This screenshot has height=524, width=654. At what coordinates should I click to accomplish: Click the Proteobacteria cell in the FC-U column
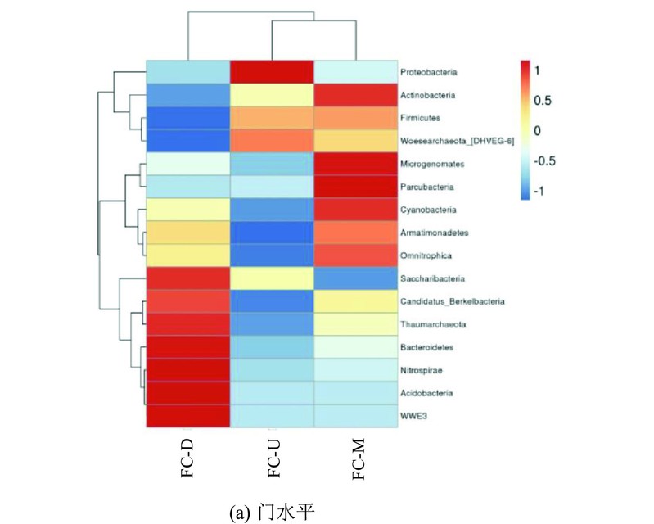click(272, 72)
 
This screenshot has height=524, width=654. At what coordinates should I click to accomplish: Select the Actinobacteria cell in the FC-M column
click(356, 95)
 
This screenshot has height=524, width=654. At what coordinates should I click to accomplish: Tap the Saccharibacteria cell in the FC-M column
click(356, 278)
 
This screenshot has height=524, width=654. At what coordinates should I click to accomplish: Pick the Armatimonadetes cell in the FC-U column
click(272, 233)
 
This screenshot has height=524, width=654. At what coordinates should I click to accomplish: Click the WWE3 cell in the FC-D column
click(188, 416)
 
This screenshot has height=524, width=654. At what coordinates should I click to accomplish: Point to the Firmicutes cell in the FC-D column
click(188, 118)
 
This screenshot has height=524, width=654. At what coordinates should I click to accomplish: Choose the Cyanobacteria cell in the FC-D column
click(188, 210)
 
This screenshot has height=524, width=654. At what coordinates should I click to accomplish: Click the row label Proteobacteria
click(428, 72)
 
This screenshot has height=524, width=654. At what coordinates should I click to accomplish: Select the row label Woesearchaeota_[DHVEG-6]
click(457, 141)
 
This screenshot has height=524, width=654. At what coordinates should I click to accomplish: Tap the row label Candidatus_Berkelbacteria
click(453, 301)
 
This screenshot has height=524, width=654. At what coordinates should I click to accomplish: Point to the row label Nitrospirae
click(422, 370)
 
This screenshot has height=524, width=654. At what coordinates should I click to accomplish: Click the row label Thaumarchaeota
click(433, 324)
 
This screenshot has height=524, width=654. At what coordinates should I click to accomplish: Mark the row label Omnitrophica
click(426, 255)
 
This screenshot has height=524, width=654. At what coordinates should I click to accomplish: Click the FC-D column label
click(187, 458)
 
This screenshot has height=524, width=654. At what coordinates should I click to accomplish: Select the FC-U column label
click(273, 458)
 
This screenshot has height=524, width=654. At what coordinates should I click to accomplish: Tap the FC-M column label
click(359, 458)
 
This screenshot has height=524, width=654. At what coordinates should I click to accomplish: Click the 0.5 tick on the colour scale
click(542, 101)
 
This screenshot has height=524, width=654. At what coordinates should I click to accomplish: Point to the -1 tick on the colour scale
click(539, 191)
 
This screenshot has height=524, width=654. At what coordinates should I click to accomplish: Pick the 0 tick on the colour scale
click(537, 130)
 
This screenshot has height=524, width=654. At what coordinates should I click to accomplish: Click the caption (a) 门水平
click(272, 512)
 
